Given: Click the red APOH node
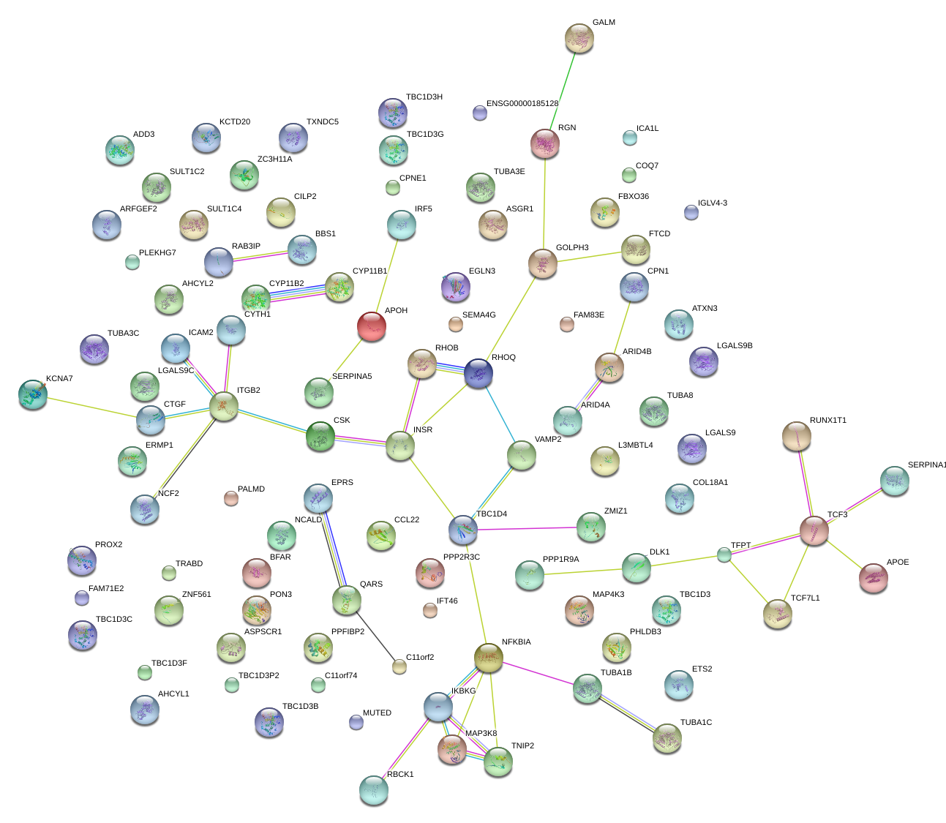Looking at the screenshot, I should [x=372, y=326].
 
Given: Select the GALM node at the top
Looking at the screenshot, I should [x=579, y=38].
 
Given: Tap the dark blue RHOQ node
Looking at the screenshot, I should [x=478, y=373].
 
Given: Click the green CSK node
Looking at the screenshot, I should [x=320, y=436].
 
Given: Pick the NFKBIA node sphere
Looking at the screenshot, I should [x=489, y=658].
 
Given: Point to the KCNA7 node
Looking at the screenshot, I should [x=33, y=394].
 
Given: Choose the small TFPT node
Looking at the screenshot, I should [x=724, y=555].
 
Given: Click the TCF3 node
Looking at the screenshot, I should [x=814, y=530].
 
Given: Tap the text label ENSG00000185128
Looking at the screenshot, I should [x=522, y=104].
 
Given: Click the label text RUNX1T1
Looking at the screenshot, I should [x=828, y=421].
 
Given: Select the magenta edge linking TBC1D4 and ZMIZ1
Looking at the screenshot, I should [x=527, y=528].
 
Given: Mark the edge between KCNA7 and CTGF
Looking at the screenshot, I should [x=91, y=407].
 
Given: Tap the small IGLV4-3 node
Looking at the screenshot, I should [x=691, y=213].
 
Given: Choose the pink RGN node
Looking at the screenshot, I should [x=545, y=143].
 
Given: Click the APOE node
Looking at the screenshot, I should [x=874, y=578].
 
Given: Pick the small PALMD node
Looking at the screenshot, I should [x=230, y=499].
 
